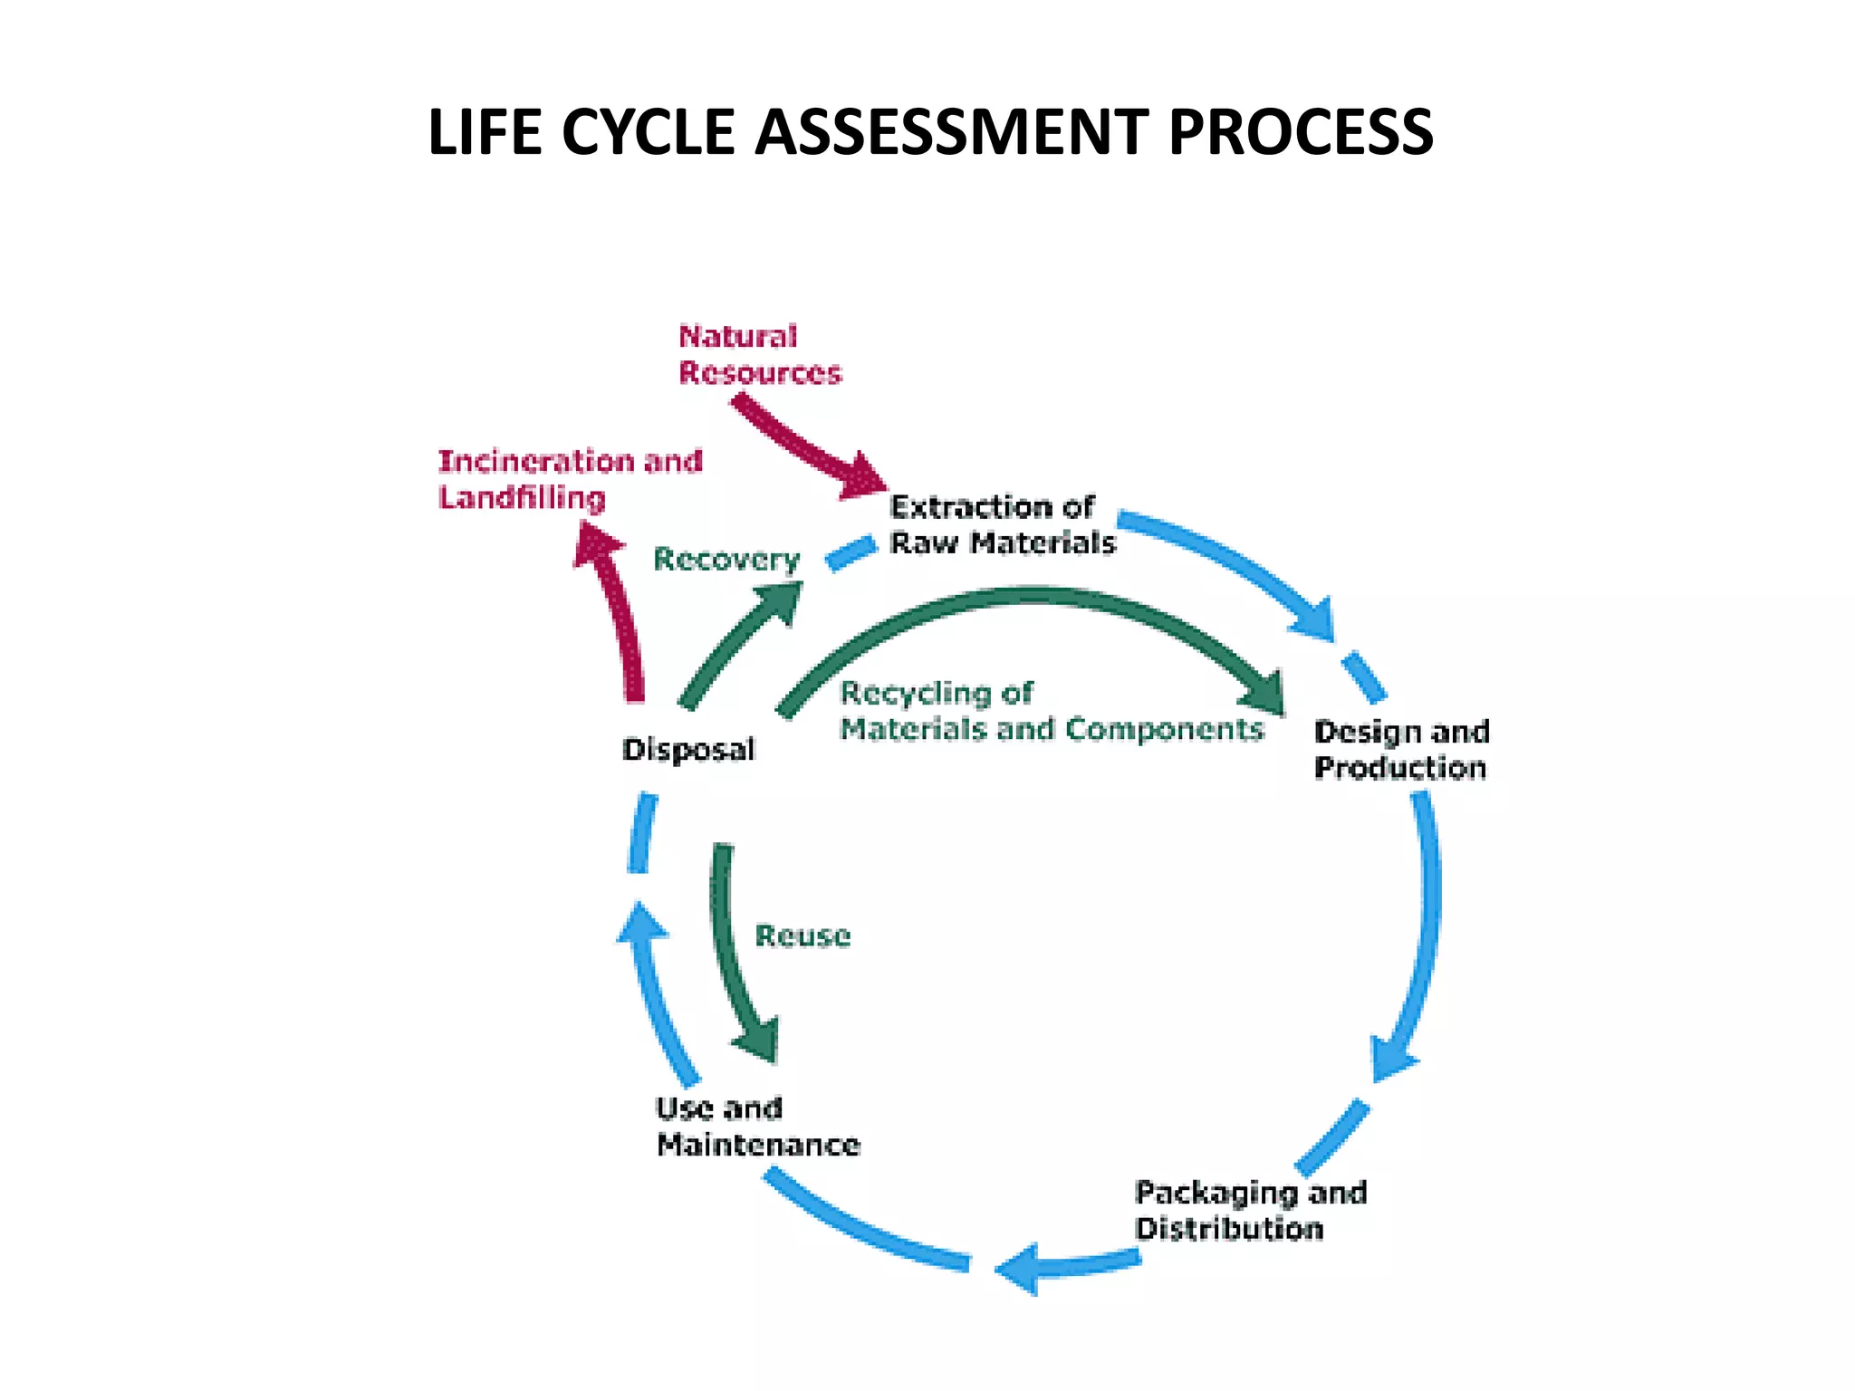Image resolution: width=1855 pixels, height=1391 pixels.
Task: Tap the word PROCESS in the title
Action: tap(1301, 132)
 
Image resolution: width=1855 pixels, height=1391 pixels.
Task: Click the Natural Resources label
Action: tap(759, 355)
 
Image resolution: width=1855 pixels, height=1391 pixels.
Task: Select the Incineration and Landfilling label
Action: tap(570, 479)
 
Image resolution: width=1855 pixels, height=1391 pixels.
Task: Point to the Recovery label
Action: tap(726, 560)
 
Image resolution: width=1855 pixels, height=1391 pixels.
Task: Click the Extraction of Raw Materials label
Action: tap(1002, 525)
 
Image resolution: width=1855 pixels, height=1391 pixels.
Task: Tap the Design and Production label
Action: tap(1401, 749)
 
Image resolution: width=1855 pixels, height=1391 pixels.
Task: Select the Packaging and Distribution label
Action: tap(1250, 1211)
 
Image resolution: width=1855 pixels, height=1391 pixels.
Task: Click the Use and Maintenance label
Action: tap(757, 1127)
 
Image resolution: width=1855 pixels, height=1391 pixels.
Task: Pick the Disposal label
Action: tap(688, 750)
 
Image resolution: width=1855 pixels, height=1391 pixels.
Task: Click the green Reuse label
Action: tap(803, 935)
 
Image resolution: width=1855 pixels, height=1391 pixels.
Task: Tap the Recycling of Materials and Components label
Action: tap(1051, 711)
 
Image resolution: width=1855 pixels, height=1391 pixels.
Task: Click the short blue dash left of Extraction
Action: tap(851, 552)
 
